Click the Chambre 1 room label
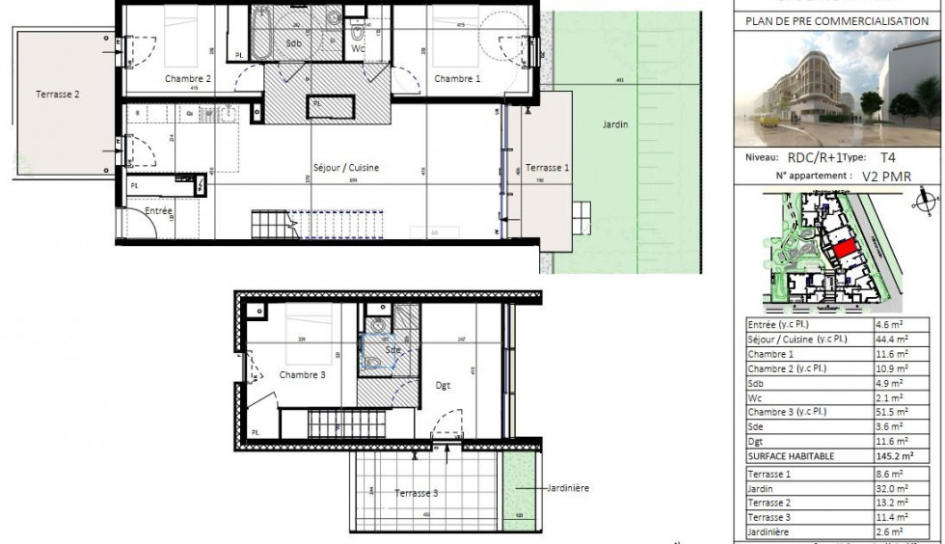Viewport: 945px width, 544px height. [456, 78]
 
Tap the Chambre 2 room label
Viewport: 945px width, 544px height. [188, 78]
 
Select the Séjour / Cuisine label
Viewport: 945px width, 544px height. [346, 167]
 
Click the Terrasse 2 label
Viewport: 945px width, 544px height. [58, 94]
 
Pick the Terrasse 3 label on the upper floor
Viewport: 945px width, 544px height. [417, 493]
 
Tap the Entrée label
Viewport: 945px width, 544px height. [159, 211]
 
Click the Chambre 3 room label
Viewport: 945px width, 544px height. [303, 374]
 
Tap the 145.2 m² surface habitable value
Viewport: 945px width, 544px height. [889, 456]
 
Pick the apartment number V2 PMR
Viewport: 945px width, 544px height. [885, 176]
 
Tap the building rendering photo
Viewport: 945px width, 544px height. [838, 90]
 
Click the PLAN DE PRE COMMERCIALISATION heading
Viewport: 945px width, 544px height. [837, 20]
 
